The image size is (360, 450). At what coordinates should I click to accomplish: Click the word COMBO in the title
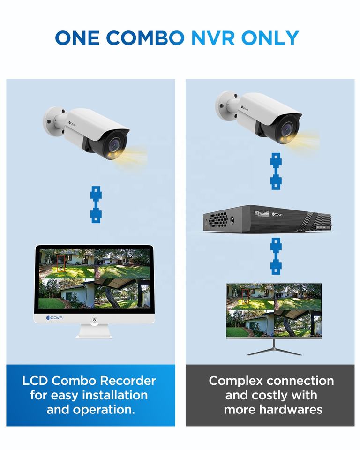pyautogui.click(x=145, y=38)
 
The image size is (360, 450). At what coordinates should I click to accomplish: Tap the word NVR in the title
pyautogui.click(x=213, y=38)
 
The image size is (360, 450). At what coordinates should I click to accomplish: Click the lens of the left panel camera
pyautogui.click(x=114, y=144)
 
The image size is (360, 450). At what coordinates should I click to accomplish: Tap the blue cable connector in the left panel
pyautogui.click(x=96, y=204)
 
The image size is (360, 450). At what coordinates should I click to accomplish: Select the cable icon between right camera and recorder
pyautogui.click(x=276, y=171)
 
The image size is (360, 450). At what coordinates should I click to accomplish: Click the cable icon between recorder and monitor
pyautogui.click(x=276, y=256)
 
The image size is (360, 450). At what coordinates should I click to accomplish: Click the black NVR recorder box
pyautogui.click(x=267, y=218)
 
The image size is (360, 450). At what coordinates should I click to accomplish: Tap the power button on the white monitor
pyautogui.click(x=94, y=319)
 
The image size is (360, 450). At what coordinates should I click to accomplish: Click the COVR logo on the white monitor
pyautogui.click(x=54, y=318)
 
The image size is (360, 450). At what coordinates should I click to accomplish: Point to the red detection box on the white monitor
pyautogui.click(x=61, y=263)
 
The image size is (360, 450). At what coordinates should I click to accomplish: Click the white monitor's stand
pyautogui.click(x=94, y=331)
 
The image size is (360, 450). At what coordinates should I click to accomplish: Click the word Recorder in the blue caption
pyautogui.click(x=128, y=381)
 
